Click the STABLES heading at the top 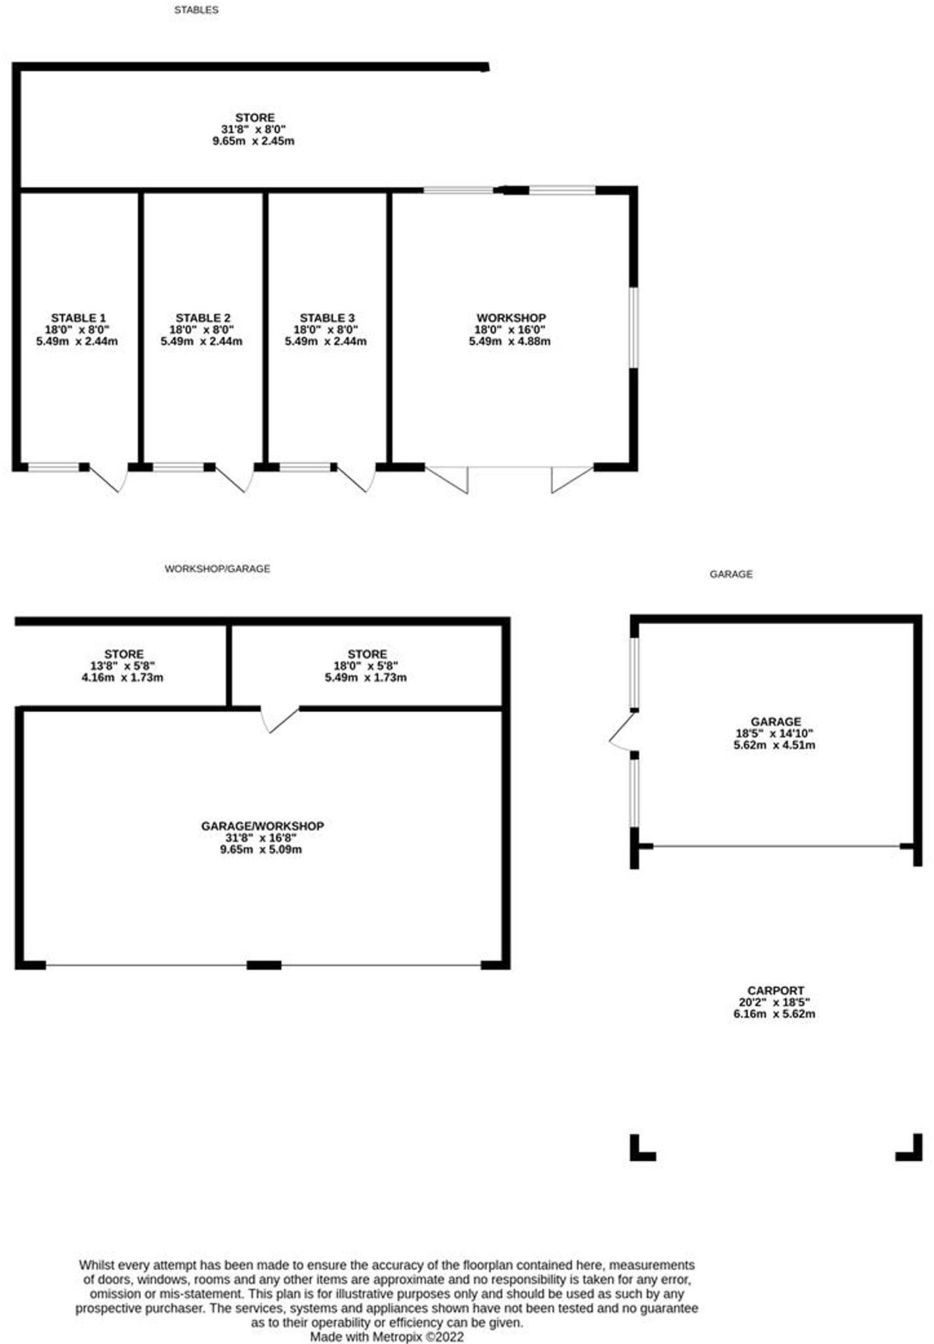pyautogui.click(x=196, y=10)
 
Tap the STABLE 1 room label pyautogui.click(x=78, y=318)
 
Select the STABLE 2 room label pyautogui.click(x=203, y=318)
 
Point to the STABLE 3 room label pyautogui.click(x=327, y=318)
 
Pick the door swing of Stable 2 pyautogui.click(x=233, y=479)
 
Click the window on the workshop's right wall pyautogui.click(x=633, y=327)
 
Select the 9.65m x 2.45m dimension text pyautogui.click(x=253, y=141)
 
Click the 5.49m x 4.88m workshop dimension pyautogui.click(x=509, y=341)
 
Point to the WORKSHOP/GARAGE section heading pyautogui.click(x=217, y=569)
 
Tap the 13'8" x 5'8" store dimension pyautogui.click(x=123, y=665)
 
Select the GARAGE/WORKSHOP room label pyautogui.click(x=263, y=826)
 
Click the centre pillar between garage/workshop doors pyautogui.click(x=264, y=965)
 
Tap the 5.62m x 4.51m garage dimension pyautogui.click(x=775, y=745)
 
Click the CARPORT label pyautogui.click(x=775, y=990)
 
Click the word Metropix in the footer pyautogui.click(x=398, y=1337)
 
